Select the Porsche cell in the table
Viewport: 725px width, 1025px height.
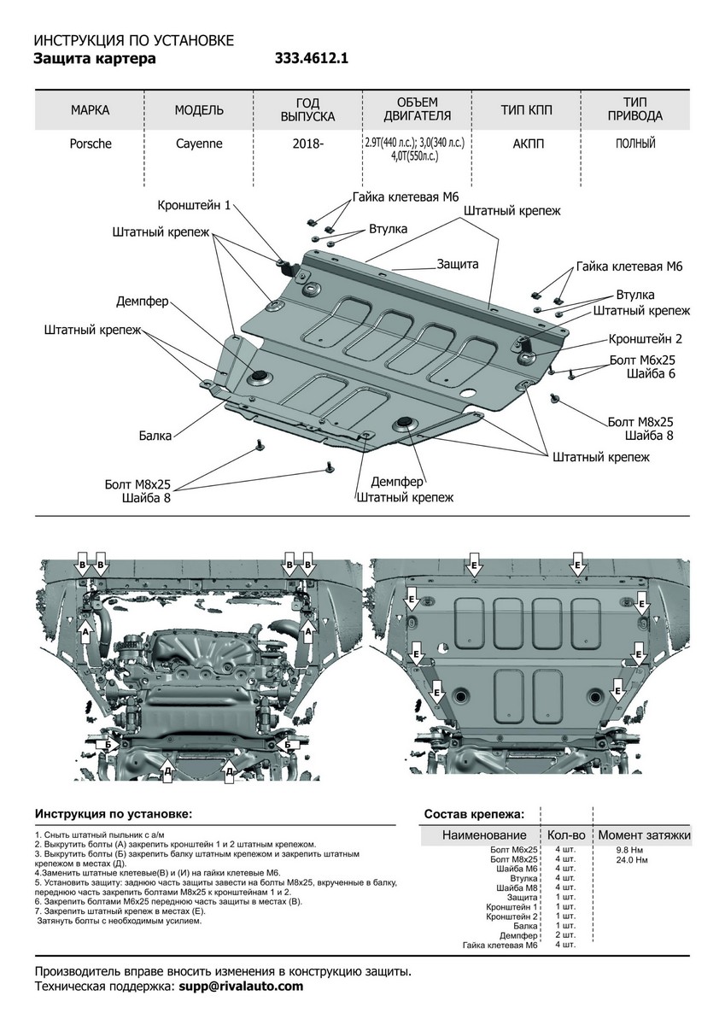coord(91,143)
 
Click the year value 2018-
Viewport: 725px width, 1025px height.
coord(308,144)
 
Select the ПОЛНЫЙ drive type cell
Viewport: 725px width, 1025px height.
coord(634,143)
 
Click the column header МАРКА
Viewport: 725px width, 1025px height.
coord(91,110)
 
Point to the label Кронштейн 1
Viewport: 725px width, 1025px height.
coord(194,205)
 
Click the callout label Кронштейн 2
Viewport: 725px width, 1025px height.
coord(645,338)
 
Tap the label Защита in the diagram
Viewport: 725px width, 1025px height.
coord(458,263)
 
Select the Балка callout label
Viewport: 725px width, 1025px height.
coord(155,436)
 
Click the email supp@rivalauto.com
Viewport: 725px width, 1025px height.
coord(241,986)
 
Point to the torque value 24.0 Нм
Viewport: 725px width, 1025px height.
coord(631,859)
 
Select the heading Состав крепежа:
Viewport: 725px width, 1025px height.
coord(475,814)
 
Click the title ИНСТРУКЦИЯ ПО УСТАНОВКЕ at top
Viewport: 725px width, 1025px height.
coord(132,40)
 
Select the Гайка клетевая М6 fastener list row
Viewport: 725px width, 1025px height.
coord(500,946)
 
